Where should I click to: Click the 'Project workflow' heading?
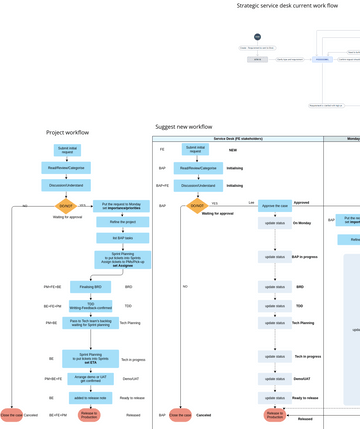pos(67,133)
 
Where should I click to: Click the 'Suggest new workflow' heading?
pos(183,127)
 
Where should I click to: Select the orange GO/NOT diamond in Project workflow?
pos(66,206)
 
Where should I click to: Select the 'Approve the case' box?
pos(274,206)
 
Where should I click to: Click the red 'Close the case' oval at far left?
pos(12,414)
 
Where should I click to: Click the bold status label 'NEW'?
pos(231,150)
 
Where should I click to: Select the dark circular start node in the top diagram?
pos(257,37)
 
